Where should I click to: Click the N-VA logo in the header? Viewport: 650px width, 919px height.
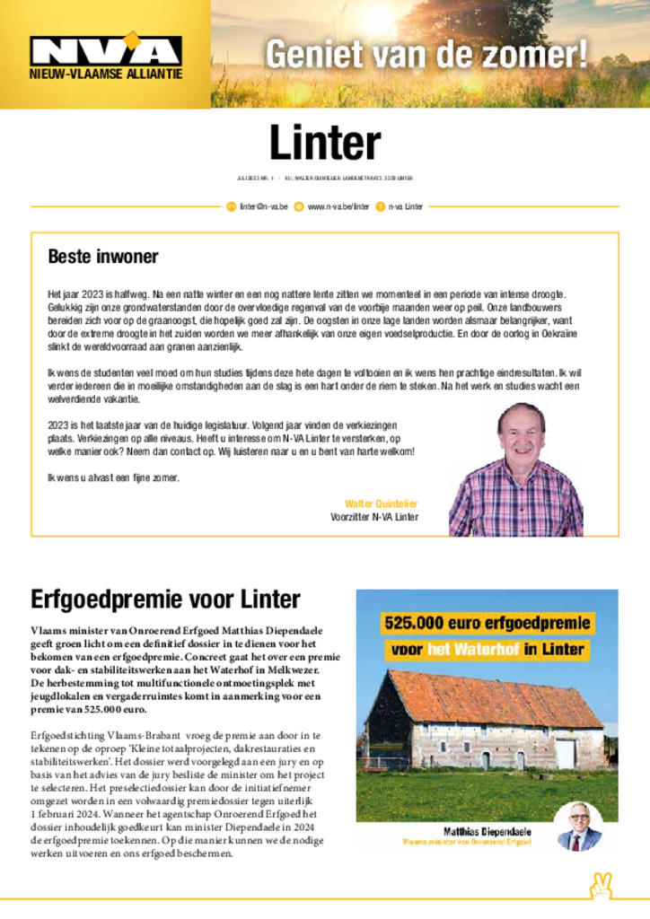105,49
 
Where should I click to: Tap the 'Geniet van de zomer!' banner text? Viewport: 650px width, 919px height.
426,54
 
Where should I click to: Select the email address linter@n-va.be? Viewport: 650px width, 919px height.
263,206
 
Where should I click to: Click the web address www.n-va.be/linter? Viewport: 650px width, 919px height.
338,206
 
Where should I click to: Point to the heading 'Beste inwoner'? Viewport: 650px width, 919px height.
103,257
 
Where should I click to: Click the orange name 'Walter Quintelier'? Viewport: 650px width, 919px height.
381,503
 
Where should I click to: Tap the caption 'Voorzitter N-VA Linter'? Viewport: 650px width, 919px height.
374,517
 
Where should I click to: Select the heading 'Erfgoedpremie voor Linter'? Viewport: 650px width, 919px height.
165,599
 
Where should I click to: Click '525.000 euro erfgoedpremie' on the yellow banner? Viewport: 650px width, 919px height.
487,623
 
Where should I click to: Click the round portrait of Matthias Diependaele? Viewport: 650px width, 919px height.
579,827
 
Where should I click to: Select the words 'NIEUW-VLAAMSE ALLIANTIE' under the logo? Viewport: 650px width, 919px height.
106,74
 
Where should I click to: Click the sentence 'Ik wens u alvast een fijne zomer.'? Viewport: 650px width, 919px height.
113,477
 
